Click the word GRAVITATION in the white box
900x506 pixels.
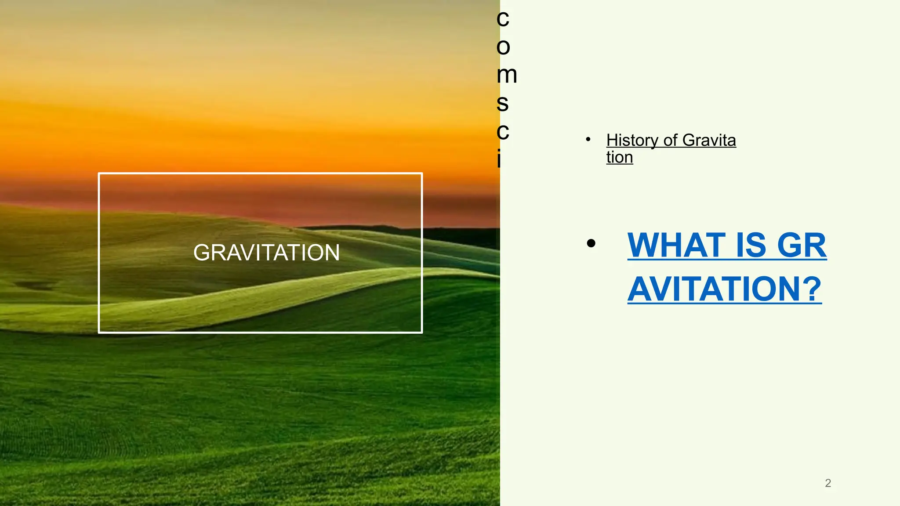pos(266,253)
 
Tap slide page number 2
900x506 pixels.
pos(828,483)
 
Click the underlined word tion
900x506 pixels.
pos(620,157)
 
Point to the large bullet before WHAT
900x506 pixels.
pos(591,243)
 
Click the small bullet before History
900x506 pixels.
pos(588,139)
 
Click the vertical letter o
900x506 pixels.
pos(503,47)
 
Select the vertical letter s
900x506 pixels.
pos(502,103)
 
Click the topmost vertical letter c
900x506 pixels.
pos(503,18)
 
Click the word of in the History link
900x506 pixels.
pos(670,141)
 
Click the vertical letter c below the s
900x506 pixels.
pos(503,131)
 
